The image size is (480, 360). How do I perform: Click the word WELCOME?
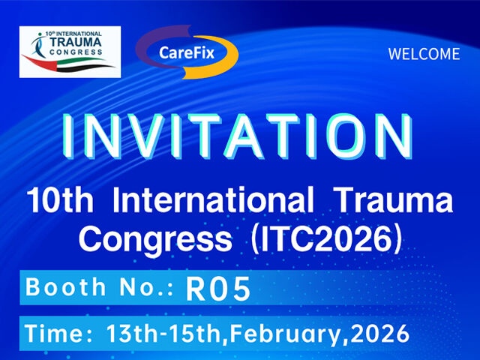[424, 54]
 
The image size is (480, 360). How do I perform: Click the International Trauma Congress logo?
[69, 52]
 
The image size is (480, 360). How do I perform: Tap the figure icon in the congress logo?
[34, 47]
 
